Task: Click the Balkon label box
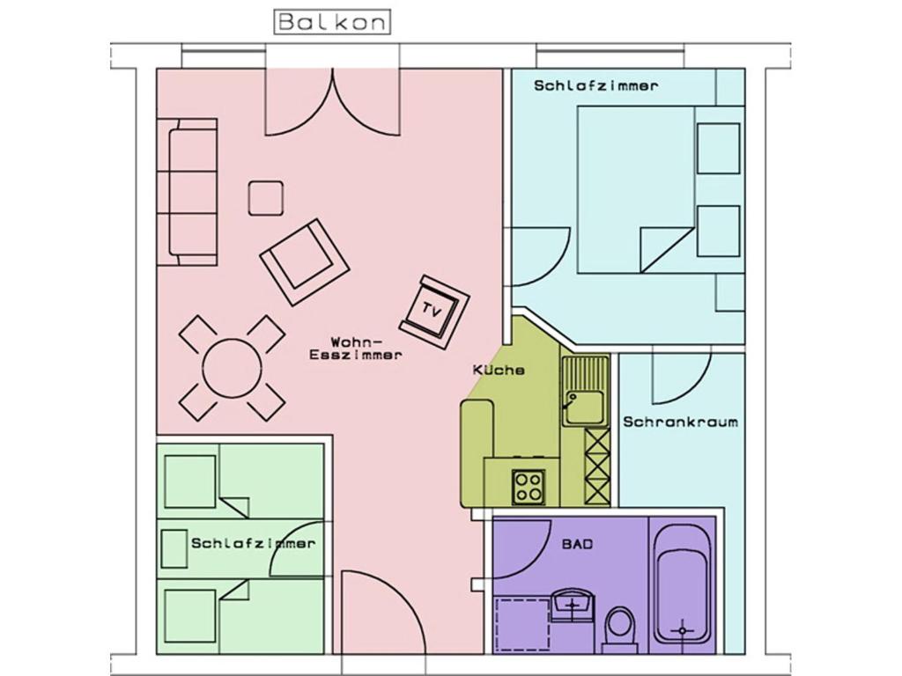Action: tap(332, 21)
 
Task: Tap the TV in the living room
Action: tap(433, 309)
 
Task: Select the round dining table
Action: tap(232, 368)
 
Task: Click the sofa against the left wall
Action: tap(189, 191)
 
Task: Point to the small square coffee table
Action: tap(265, 198)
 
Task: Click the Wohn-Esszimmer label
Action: tap(356, 349)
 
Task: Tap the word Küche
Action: tap(499, 371)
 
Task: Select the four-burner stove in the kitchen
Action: tap(529, 486)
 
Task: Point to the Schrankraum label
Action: tap(680, 422)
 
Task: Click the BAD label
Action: tap(577, 544)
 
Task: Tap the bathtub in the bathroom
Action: tap(683, 584)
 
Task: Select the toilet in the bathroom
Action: tap(620, 628)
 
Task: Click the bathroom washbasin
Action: tap(573, 606)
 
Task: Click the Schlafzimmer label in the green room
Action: tap(253, 543)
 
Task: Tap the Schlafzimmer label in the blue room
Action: tap(595, 86)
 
